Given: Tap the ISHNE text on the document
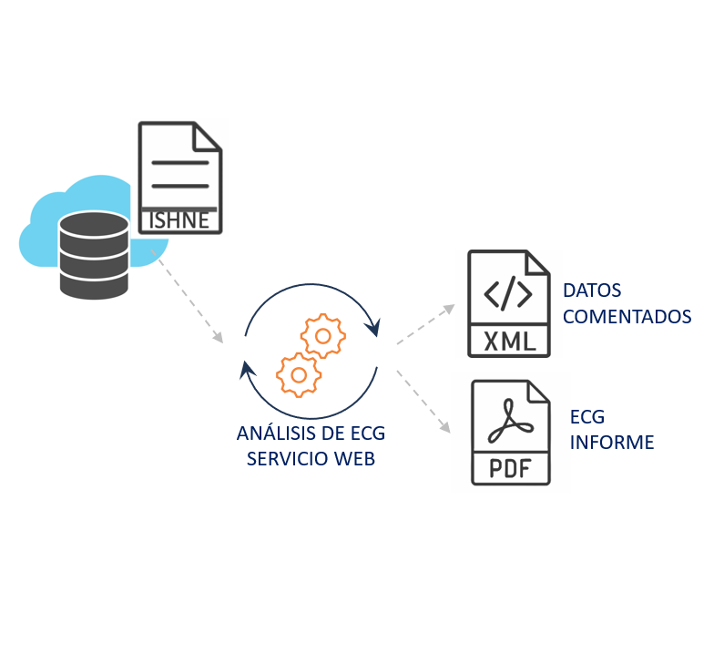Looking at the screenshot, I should (180, 220).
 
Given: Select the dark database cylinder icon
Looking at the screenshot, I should (94, 255).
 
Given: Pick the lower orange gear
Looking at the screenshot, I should (297, 373).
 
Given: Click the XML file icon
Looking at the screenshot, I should (509, 302).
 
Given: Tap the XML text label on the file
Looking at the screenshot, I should (509, 341).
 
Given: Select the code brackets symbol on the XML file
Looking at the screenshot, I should (509, 294).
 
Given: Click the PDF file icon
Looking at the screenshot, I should (511, 433).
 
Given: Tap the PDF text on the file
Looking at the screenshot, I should (511, 468).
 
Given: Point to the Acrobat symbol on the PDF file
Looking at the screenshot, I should (511, 424).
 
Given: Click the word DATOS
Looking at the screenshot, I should (592, 291).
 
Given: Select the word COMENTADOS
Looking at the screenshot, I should (627, 317).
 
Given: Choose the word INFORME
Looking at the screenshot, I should (612, 443).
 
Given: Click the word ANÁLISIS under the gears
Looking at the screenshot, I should (273, 433).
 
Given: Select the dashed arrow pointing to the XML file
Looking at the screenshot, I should (426, 324).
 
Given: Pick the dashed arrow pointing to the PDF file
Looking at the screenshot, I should (424, 401).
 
